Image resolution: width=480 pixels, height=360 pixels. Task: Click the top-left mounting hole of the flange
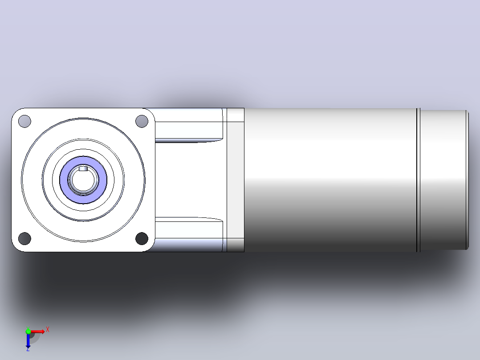pos(25,121)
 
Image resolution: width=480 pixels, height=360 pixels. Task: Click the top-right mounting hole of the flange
pos(142,121)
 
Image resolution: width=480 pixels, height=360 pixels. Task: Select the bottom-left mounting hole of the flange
pos(25,238)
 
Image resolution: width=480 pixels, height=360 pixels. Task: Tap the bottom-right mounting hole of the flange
pos(142,238)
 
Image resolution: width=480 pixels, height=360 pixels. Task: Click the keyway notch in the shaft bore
pos(83,168)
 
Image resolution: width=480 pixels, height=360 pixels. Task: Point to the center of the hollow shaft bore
pos(83,180)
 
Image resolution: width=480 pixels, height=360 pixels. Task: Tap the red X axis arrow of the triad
pos(37,331)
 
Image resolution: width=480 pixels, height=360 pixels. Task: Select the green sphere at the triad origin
pos(28,331)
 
